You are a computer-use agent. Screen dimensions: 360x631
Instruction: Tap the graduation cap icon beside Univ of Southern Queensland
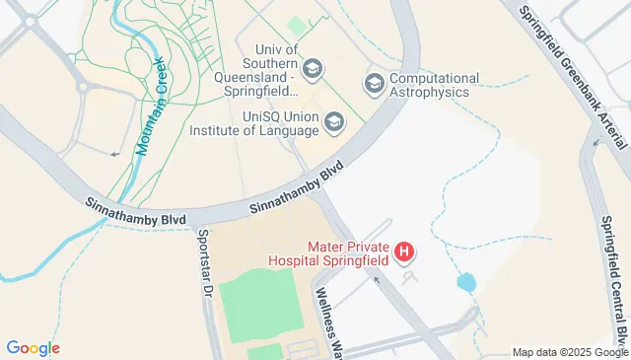313,68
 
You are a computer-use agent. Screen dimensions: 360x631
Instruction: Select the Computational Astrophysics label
434,85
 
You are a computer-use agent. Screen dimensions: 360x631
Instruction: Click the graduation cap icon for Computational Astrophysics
374,83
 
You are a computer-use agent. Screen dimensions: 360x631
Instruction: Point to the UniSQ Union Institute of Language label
280,122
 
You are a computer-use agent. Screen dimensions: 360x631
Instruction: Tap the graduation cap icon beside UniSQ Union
335,122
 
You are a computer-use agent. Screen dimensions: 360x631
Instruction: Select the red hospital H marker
403,252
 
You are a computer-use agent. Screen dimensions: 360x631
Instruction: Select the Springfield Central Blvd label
613,266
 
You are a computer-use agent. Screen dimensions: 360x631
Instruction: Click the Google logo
33,348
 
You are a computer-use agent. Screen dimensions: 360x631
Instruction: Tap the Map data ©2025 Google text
569,352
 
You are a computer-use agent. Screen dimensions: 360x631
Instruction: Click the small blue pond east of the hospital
466,283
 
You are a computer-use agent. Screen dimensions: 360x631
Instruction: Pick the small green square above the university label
297,27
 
